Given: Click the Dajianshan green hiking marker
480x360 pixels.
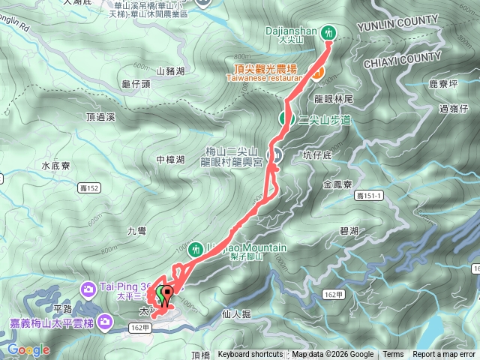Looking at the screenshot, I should [328, 32].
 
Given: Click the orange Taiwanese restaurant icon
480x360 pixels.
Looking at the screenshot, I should [318, 73].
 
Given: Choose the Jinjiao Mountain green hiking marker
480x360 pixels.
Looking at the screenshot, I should [196, 247].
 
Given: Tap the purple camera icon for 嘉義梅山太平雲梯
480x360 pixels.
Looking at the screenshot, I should [105, 322].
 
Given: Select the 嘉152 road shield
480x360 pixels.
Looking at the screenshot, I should [88, 187].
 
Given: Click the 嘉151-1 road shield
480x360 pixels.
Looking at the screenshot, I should [369, 195].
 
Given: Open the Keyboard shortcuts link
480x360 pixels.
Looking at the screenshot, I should [250, 355].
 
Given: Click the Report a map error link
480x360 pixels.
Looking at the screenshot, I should [444, 355].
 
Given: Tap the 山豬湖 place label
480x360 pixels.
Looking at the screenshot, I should [171, 71].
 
